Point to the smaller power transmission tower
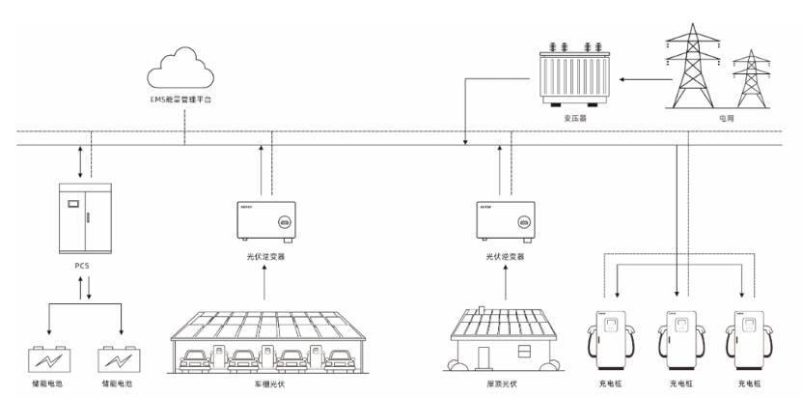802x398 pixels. coord(749,79)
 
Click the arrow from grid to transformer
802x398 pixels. coord(636,79)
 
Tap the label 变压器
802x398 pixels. coord(575,118)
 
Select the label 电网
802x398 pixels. coord(726,118)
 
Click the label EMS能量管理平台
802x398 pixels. coord(182,100)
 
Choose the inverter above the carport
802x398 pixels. coord(265,219)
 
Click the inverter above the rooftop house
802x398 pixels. coord(505,219)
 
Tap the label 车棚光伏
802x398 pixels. coord(265,384)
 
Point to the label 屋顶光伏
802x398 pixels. coord(505,384)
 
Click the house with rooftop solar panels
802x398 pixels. coord(505,338)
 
